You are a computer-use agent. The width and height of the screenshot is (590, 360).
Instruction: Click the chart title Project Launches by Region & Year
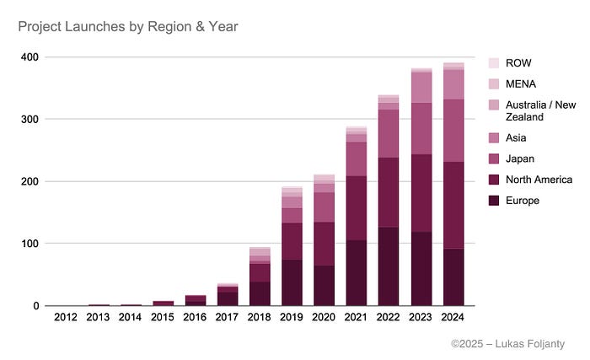[x=128, y=27]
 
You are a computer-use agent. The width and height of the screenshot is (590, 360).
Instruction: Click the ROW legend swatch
[x=495, y=63]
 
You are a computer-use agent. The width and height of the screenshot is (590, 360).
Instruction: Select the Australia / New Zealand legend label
[x=540, y=111]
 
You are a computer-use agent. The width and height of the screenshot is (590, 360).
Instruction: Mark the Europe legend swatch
[x=495, y=201]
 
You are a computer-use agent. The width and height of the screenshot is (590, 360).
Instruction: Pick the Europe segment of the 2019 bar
[x=292, y=282]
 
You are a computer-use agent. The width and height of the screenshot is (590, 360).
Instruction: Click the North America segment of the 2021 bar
[x=357, y=208]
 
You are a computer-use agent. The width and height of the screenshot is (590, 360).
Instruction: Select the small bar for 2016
[x=196, y=300]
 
